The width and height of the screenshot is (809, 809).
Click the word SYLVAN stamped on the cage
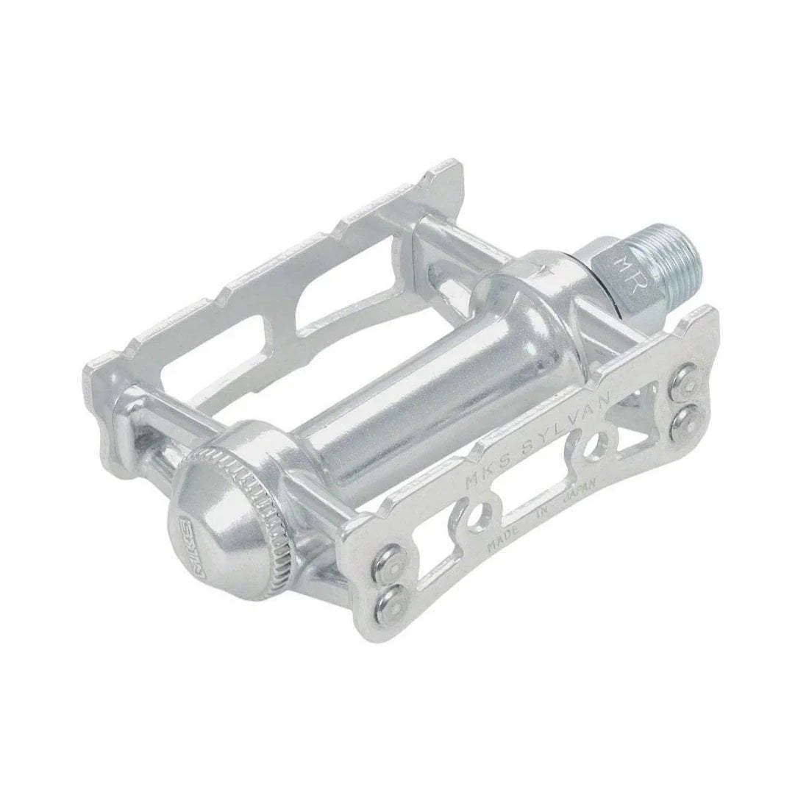[x=555, y=426]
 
